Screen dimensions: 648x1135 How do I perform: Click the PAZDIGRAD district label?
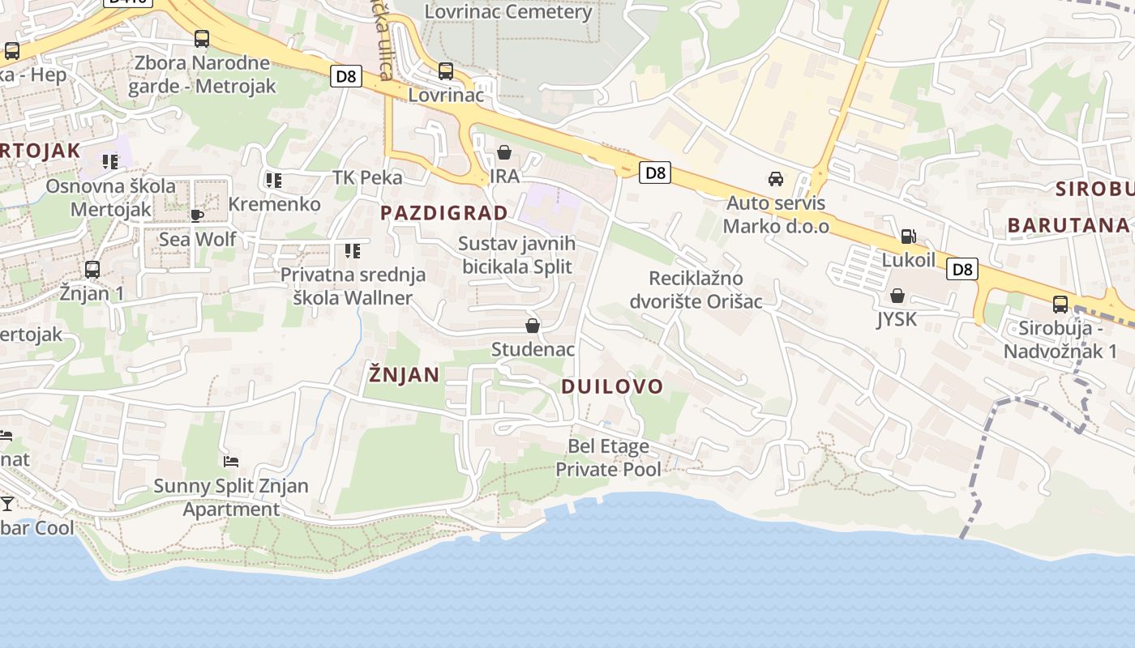pos(444,213)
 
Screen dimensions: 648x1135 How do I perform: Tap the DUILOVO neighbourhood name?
pos(612,386)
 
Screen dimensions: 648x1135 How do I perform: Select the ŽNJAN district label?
pos(404,374)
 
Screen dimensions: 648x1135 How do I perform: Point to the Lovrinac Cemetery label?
pos(508,12)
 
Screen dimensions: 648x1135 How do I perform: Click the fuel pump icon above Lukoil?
pos(909,237)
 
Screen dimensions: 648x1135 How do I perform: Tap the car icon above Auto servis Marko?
pos(776,178)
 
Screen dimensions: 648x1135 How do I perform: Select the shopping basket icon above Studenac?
pos(533,326)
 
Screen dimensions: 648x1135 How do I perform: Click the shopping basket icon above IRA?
pos(504,152)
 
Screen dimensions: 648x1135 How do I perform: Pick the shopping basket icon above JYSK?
pos(897,296)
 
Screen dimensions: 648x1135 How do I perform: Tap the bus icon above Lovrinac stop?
pos(446,70)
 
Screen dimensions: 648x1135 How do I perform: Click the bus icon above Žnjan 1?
pos(92,269)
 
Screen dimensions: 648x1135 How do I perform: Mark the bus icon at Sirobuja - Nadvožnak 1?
pos(1060,305)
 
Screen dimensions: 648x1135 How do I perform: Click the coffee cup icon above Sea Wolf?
pos(196,215)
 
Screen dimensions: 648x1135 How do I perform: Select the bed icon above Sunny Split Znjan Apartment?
pos(231,462)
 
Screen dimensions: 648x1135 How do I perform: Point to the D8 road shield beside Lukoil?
pos(962,270)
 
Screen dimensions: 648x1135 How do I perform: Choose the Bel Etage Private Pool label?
pos(608,458)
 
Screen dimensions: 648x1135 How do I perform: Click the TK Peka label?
pos(367,178)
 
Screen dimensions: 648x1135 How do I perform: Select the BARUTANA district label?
pos(1068,225)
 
